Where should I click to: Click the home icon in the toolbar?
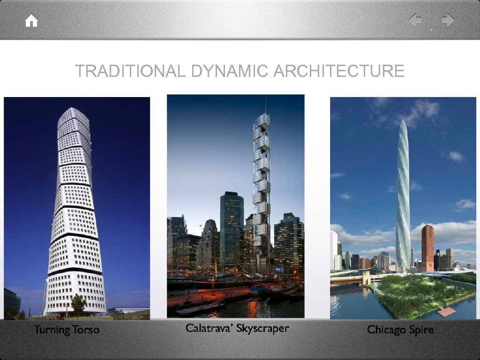pyautogui.click(x=31, y=21)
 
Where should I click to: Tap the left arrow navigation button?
pyautogui.click(x=415, y=20)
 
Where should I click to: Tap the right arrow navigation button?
pyautogui.click(x=448, y=20)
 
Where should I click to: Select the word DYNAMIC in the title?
pyautogui.click(x=229, y=71)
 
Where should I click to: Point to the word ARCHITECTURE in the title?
pyautogui.click(x=338, y=71)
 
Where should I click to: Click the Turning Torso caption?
pyautogui.click(x=67, y=330)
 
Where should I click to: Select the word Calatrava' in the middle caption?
pyautogui.click(x=209, y=328)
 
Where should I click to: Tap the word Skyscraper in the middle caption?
pyautogui.click(x=262, y=329)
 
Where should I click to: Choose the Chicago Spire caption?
pyautogui.click(x=400, y=330)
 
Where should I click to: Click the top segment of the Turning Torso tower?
pyautogui.click(x=74, y=114)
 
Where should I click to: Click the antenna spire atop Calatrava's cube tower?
pyautogui.click(x=265, y=104)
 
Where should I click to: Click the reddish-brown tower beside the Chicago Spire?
pyautogui.click(x=427, y=247)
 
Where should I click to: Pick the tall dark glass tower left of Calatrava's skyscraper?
pyautogui.click(x=232, y=230)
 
